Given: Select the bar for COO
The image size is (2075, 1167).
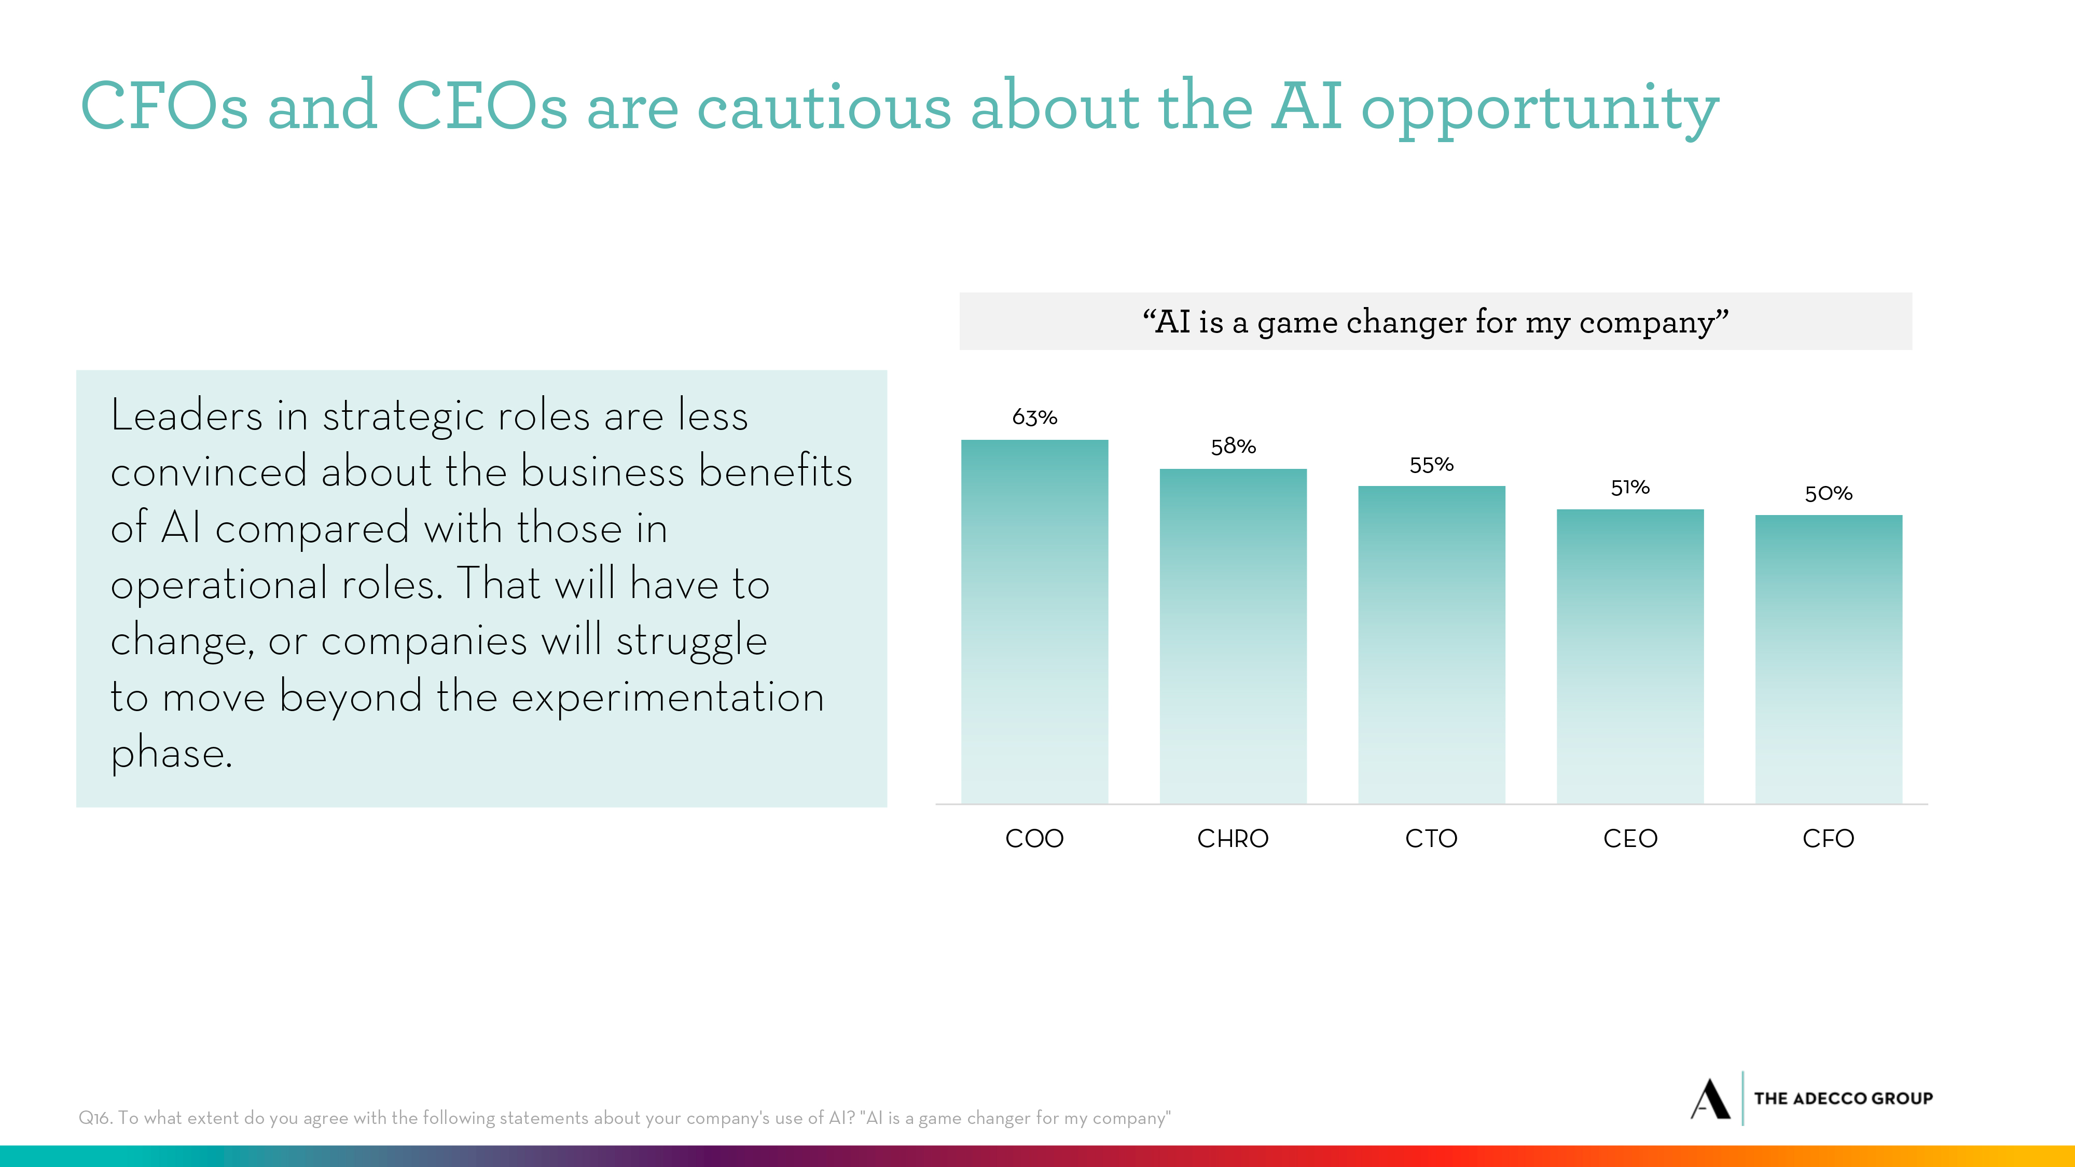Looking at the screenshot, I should (x=1034, y=621).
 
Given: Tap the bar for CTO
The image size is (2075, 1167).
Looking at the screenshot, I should (x=1431, y=644).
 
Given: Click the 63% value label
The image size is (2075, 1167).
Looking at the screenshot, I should (x=1034, y=417).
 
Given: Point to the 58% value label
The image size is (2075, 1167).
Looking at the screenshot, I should (x=1233, y=446).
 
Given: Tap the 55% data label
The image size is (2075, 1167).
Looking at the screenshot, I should (x=1431, y=465).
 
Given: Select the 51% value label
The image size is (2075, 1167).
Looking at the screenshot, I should (x=1629, y=487).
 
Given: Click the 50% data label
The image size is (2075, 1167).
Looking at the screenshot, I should (x=1829, y=493).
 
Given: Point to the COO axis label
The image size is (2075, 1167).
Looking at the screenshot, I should (x=1034, y=838).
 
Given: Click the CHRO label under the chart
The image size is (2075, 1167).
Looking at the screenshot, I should (x=1233, y=838).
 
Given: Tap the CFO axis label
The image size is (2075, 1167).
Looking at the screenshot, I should (x=1829, y=838).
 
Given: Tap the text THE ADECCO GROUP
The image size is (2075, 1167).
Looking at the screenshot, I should (x=1843, y=1099).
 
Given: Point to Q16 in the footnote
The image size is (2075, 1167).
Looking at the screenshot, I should (x=94, y=1118).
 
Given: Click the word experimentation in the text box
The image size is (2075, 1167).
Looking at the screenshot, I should (x=668, y=698).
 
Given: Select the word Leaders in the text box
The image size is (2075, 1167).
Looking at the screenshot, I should (x=186, y=416).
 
